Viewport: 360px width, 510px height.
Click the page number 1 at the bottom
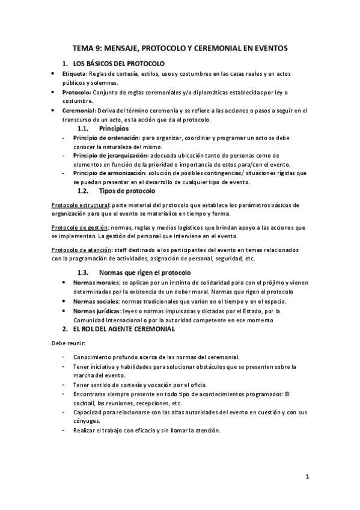307,478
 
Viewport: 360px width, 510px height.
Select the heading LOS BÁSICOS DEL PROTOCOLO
119,63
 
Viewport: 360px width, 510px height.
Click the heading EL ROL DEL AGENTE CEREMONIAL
123,329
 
